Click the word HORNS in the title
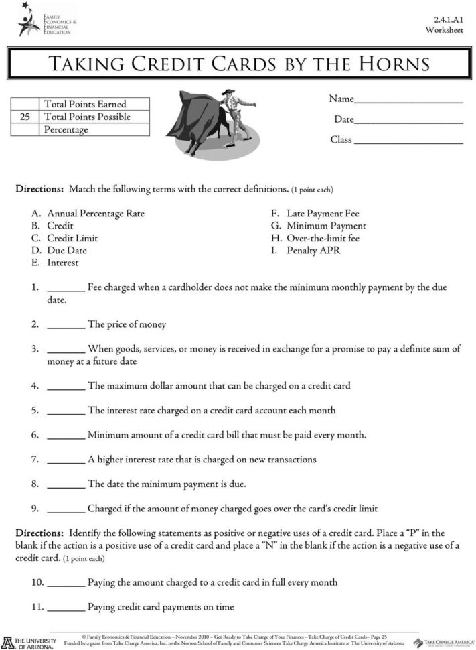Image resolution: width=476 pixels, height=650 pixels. pyautogui.click(x=388, y=64)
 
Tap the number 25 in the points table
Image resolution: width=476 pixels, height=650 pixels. pyautogui.click(x=25, y=117)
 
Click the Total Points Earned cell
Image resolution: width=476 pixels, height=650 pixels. pyautogui.click(x=85, y=104)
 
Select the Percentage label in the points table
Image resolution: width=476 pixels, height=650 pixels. pyautogui.click(x=66, y=129)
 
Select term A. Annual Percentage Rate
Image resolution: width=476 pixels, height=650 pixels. pyautogui.click(x=88, y=214)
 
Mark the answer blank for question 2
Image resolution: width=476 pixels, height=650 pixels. pyautogui.click(x=66, y=326)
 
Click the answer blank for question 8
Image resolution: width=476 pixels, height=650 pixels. pyautogui.click(x=66, y=486)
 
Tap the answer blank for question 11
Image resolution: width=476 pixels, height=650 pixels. pyautogui.click(x=66, y=610)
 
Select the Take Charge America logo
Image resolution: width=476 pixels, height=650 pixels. pyautogui.click(x=443, y=643)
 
